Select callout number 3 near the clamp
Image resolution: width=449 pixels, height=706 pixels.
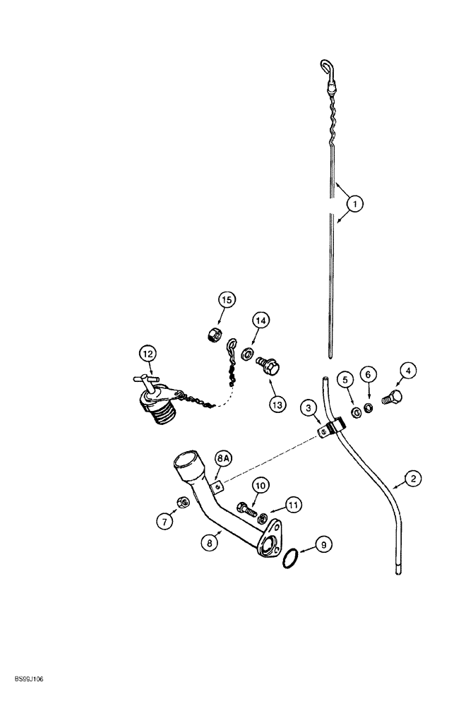308,407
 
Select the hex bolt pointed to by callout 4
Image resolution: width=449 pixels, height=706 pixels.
391,397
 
